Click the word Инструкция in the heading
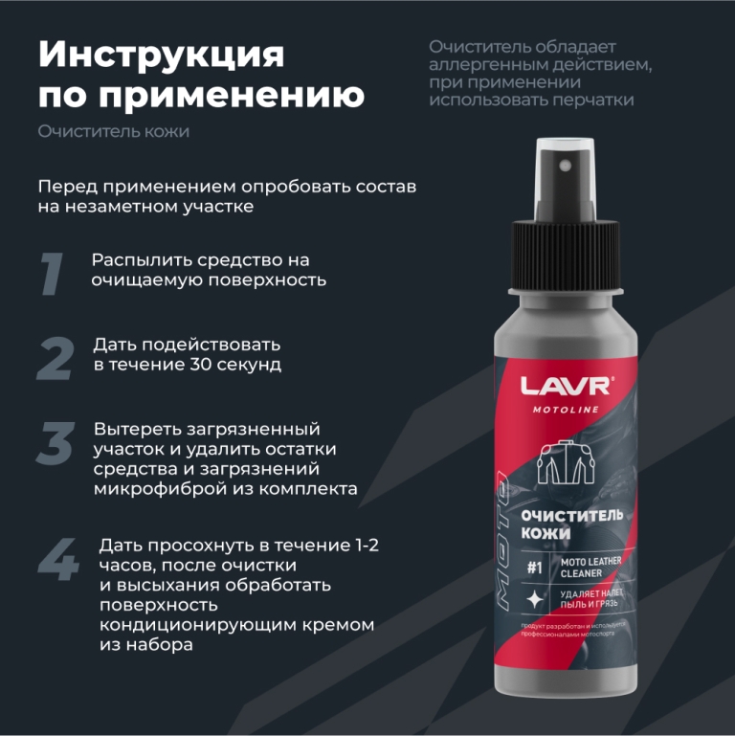click(x=161, y=56)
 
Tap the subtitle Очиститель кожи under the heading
click(x=113, y=131)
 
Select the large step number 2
click(x=56, y=357)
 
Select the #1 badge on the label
click(x=535, y=566)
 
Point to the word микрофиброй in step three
click(x=148, y=488)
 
